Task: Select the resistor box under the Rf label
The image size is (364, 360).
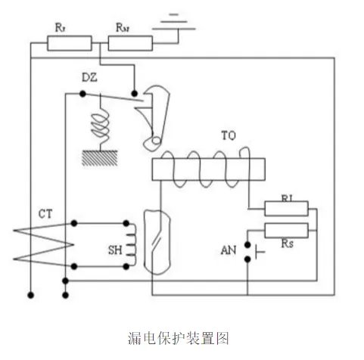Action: pos(69,43)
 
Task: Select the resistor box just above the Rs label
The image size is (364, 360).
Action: pos(286,230)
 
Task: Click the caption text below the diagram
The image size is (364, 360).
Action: pos(181,337)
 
